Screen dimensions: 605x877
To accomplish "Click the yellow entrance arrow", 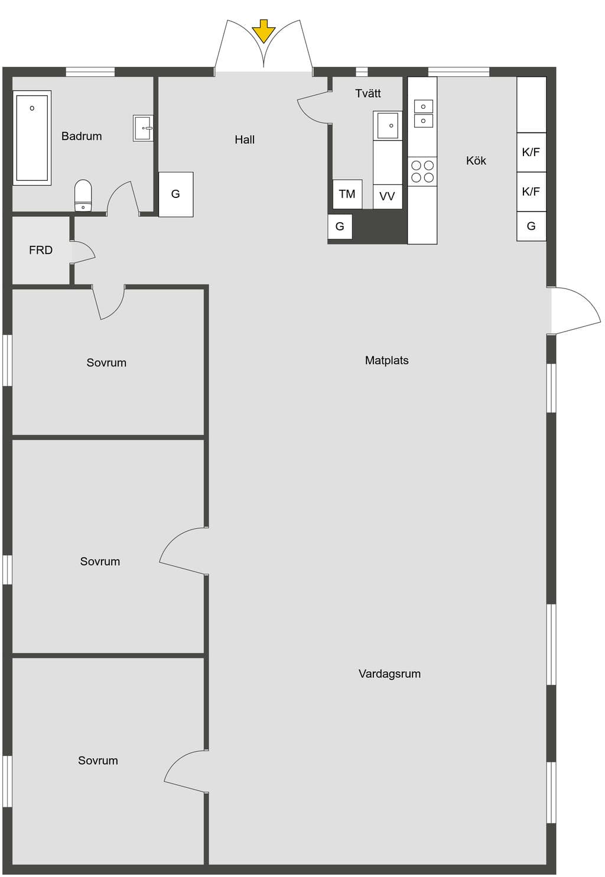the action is point(264,31).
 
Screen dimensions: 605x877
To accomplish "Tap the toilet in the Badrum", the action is point(83,196).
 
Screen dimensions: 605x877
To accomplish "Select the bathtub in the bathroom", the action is point(32,138).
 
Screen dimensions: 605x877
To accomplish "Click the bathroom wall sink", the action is point(143,128).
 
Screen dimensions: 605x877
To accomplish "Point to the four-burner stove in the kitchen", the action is point(422,171).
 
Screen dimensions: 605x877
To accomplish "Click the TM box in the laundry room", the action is point(347,194).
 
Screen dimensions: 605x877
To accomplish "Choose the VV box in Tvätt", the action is point(388,197).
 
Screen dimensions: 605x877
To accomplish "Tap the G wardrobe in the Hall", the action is point(175,194).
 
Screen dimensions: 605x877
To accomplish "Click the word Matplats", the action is point(386,360).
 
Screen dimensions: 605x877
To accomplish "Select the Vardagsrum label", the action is point(389,674).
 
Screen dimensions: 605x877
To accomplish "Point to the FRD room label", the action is point(41,250).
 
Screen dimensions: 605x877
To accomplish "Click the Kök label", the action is point(476,161).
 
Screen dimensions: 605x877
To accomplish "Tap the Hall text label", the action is point(245,139).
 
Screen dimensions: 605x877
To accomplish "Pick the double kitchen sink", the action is point(424,113).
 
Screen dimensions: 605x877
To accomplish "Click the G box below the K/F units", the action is point(531,226).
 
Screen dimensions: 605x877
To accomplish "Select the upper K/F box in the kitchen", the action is point(531,152).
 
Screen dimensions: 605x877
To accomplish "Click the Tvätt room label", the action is point(368,93).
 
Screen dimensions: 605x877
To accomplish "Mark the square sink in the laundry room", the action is point(388,125).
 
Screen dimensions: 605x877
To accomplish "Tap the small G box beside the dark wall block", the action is point(340,226).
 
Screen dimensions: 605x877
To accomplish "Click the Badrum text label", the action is point(82,137).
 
